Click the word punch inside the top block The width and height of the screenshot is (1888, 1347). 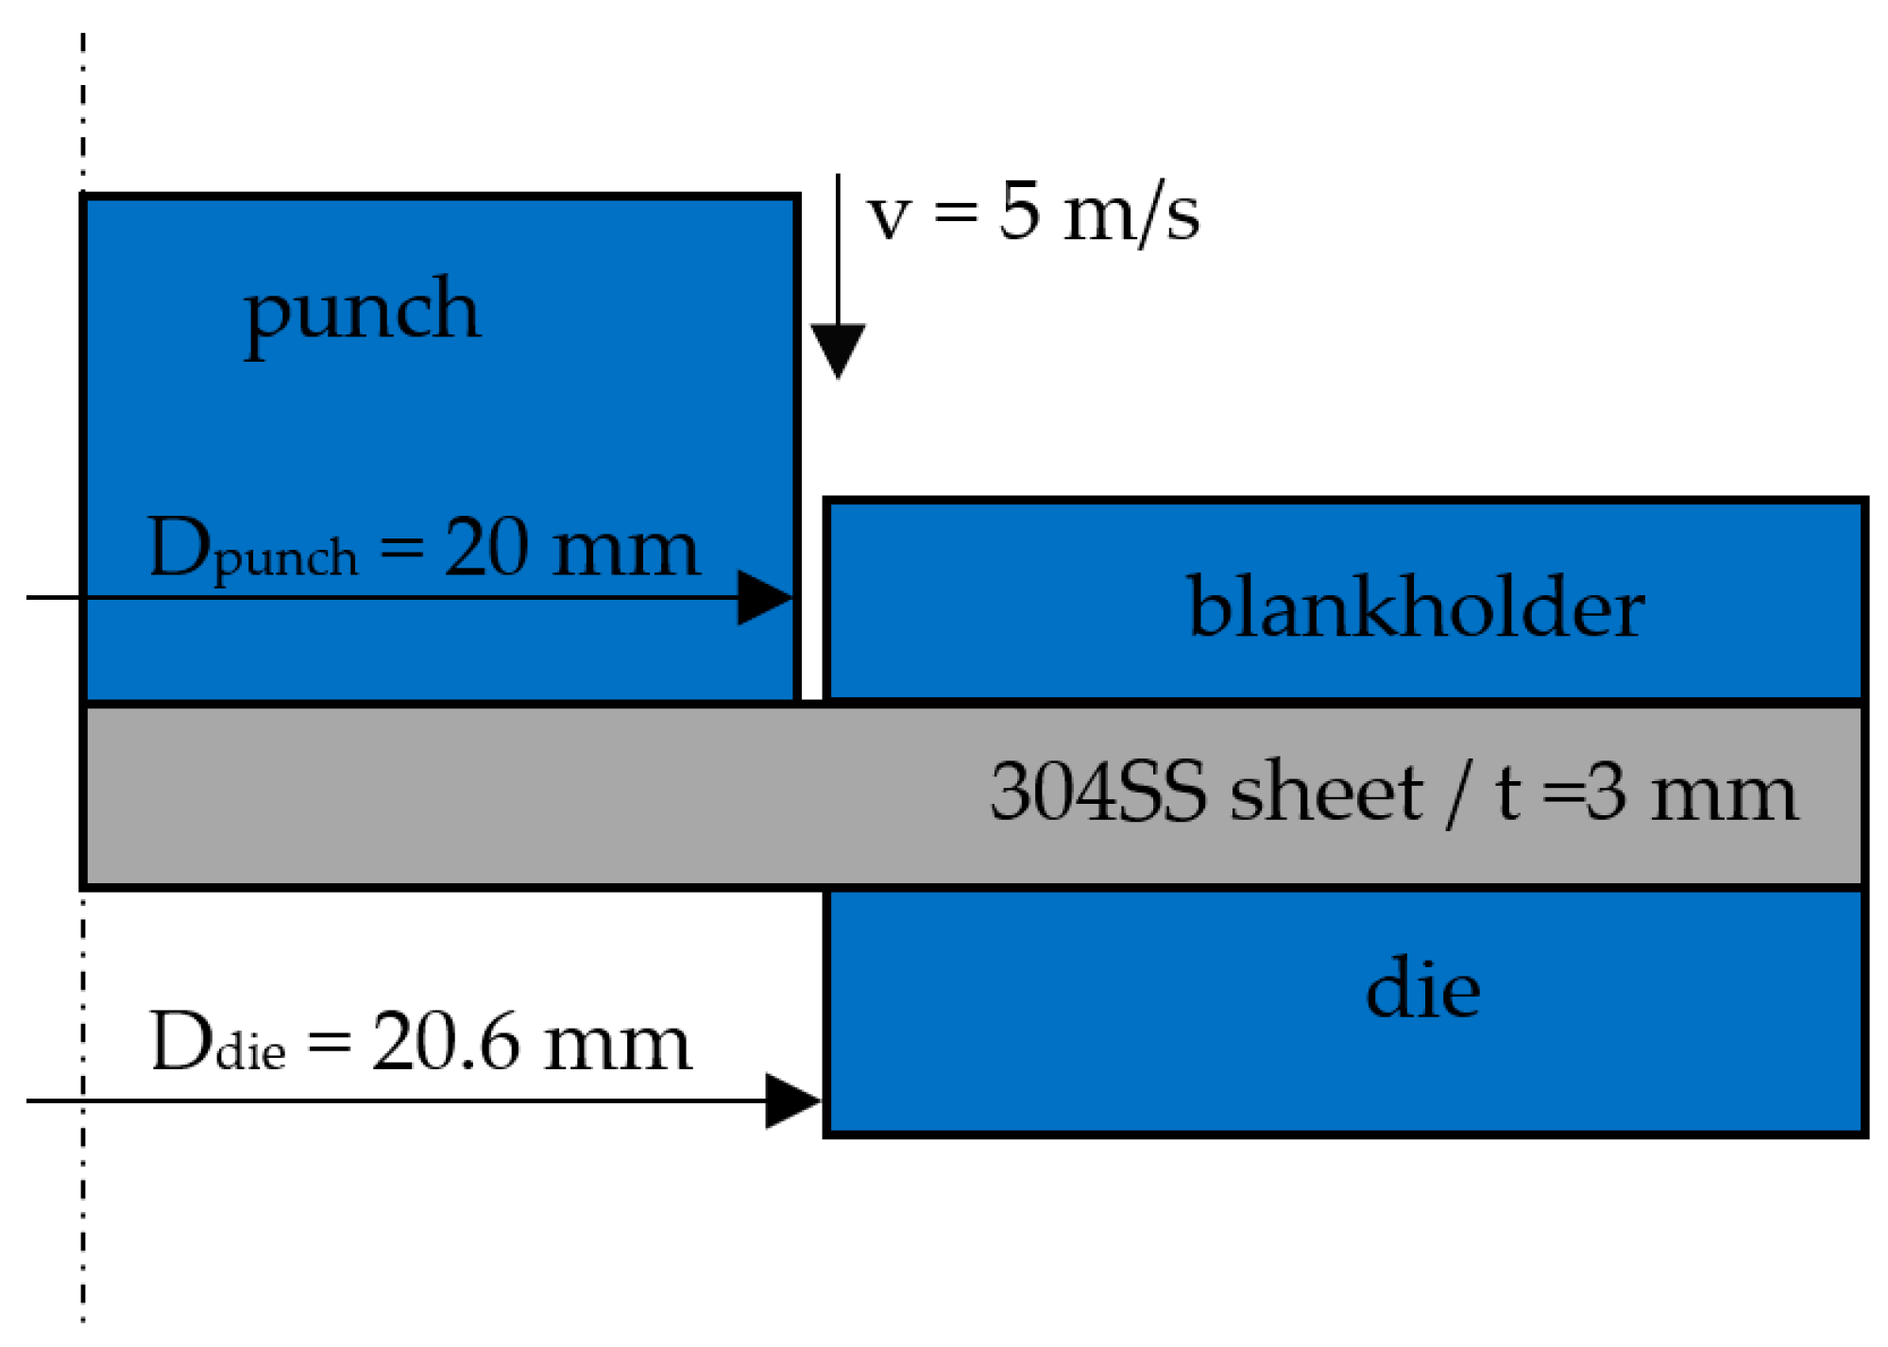[x=362, y=312]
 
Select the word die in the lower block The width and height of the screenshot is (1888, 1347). [x=1422, y=988]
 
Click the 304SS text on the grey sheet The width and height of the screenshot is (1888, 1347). [x=1097, y=792]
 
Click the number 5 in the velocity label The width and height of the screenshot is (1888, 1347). [x=1019, y=212]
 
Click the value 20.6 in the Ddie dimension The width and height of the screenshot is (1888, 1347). [x=445, y=1042]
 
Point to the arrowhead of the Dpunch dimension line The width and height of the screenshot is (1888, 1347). [x=767, y=597]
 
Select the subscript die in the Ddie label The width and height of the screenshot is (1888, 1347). [x=250, y=1052]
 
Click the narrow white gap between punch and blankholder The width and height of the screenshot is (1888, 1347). [x=812, y=605]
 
